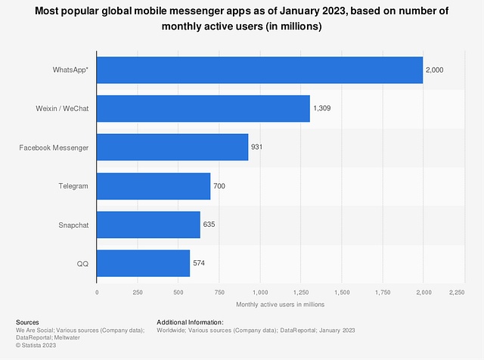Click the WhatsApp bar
tap(259, 70)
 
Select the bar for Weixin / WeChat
tap(203, 108)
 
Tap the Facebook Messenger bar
tap(172, 147)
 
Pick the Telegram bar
tap(154, 185)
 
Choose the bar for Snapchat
tap(148, 225)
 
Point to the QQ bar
tap(143, 263)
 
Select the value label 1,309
tap(321, 108)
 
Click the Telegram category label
tap(74, 185)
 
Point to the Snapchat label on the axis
tap(73, 225)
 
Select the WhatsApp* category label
tap(70, 70)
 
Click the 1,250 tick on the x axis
tap(301, 291)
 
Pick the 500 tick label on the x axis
tap(178, 291)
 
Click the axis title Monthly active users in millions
tap(280, 304)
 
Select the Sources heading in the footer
tap(27, 322)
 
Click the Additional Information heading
tap(190, 322)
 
